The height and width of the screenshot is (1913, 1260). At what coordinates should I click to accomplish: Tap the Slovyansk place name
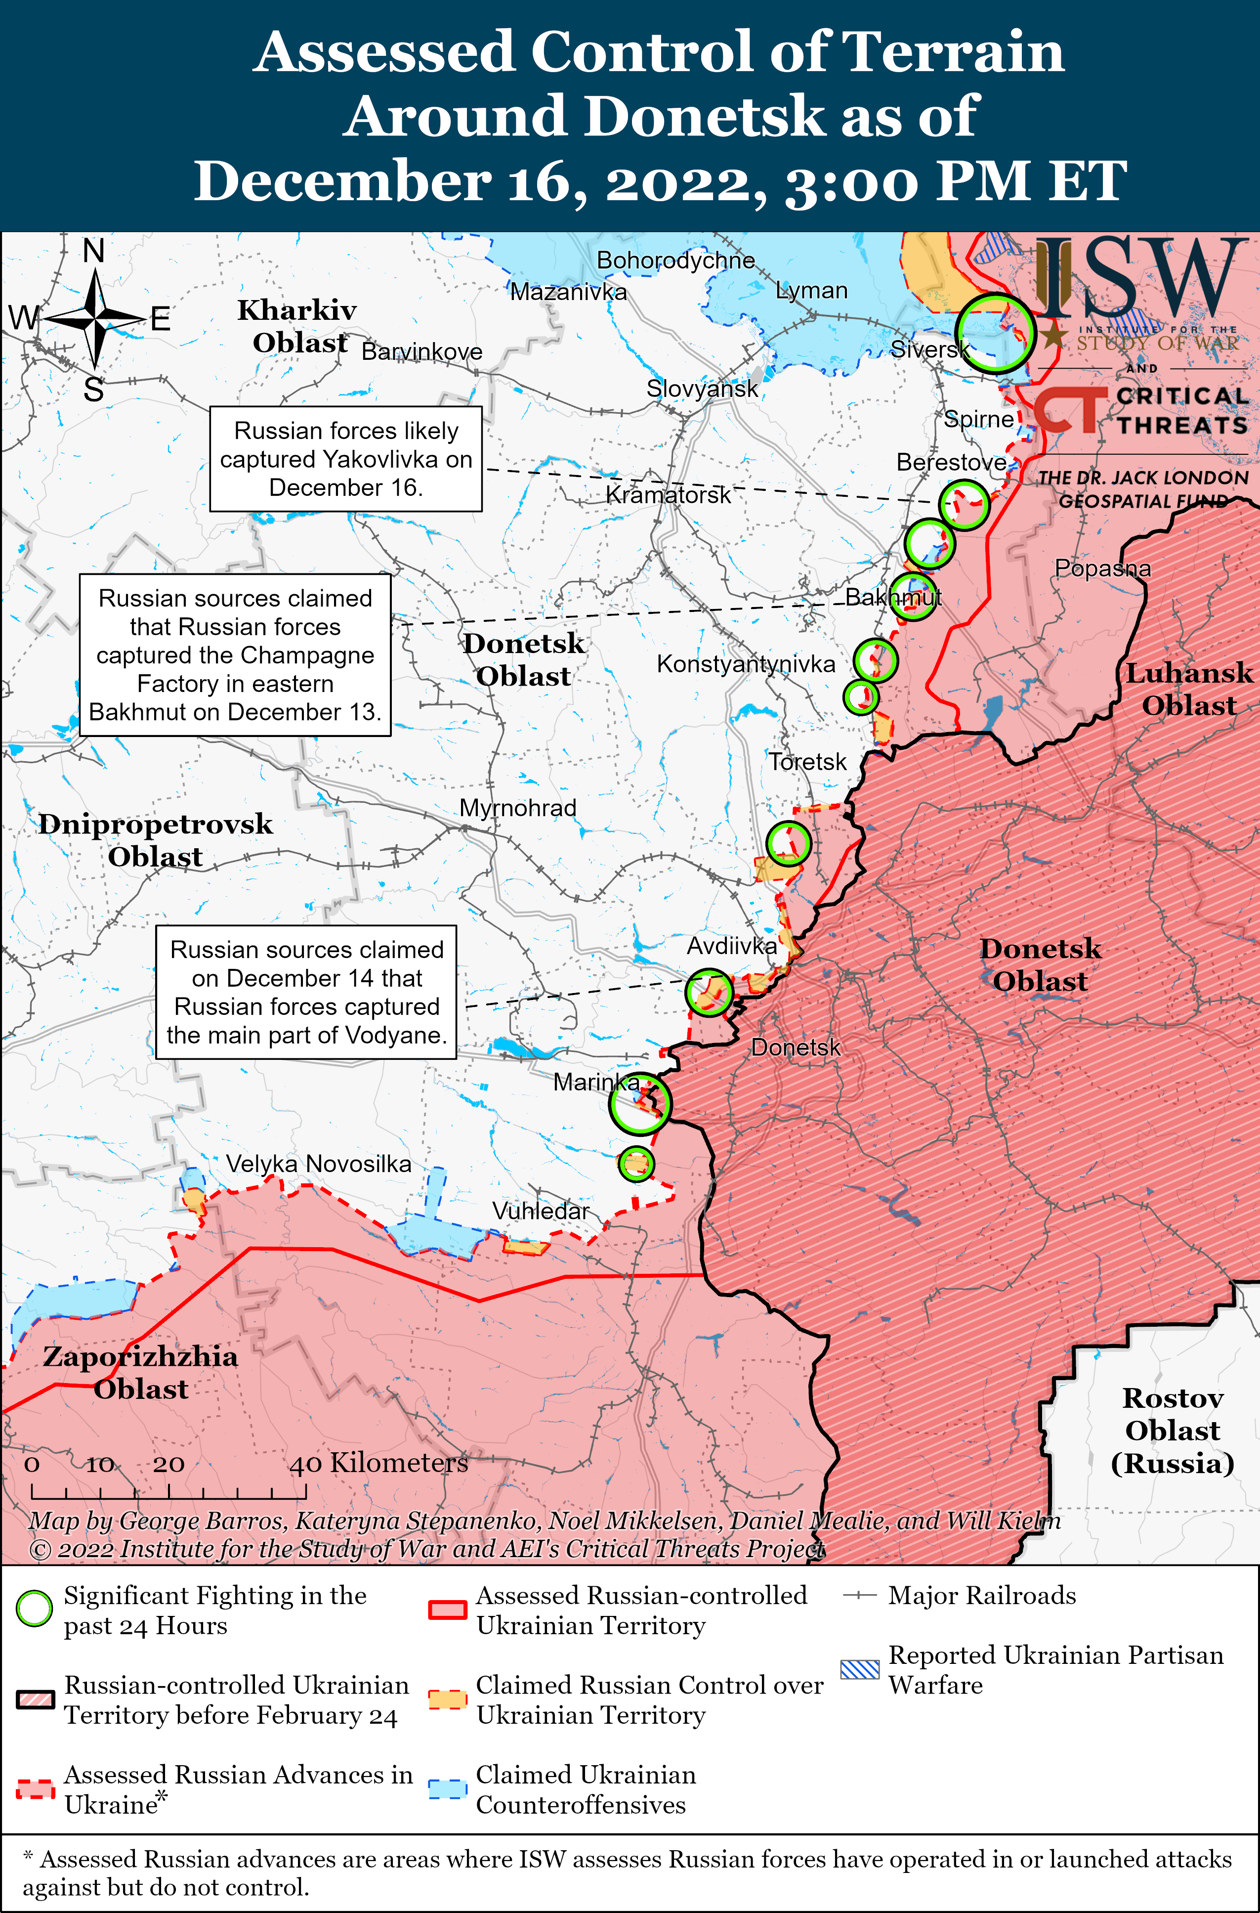(x=702, y=389)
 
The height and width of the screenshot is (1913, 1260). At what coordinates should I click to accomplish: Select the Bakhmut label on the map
(x=893, y=597)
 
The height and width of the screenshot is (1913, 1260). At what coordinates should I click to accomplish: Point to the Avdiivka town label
(x=731, y=946)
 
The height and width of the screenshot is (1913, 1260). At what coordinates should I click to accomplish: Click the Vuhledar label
(x=540, y=1211)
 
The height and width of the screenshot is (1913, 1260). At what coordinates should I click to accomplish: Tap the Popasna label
(x=1102, y=568)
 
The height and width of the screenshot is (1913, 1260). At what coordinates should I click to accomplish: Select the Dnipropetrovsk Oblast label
(x=155, y=840)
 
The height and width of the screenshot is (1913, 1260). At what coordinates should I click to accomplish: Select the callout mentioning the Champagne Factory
(x=235, y=654)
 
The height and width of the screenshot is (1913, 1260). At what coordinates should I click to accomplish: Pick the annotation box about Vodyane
(x=306, y=992)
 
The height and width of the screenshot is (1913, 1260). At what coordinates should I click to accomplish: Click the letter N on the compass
(x=94, y=252)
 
